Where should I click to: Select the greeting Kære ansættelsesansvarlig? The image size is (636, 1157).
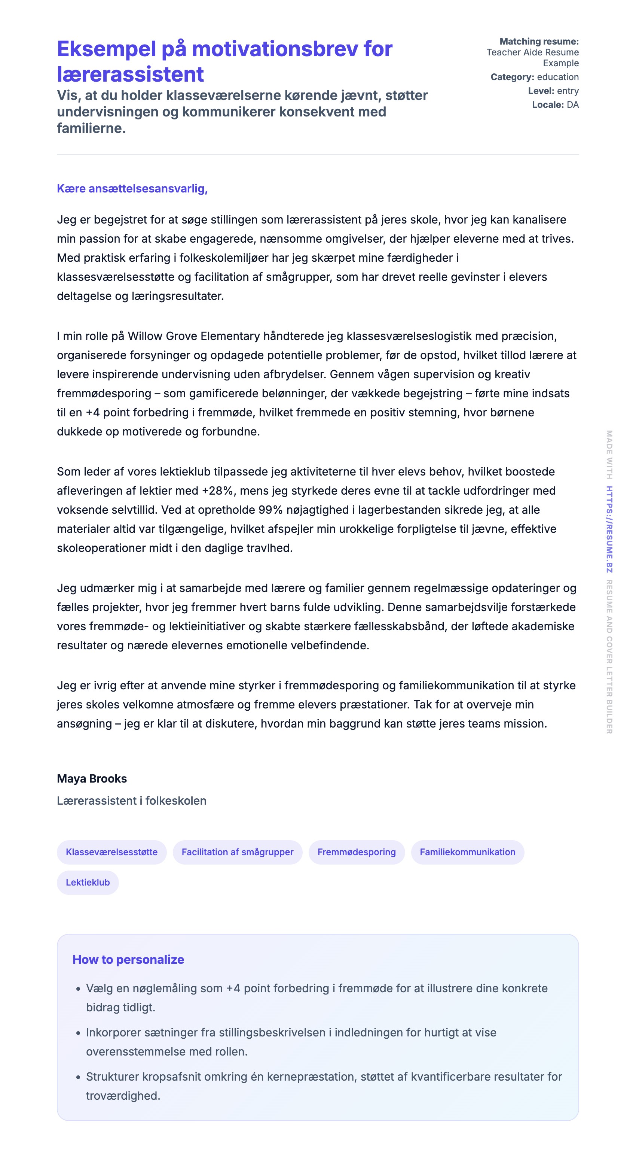132,189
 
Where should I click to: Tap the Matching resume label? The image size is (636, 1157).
539,41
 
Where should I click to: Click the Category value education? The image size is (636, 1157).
557,77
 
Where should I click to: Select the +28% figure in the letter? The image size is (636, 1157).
218,491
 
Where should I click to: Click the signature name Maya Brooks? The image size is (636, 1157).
92,778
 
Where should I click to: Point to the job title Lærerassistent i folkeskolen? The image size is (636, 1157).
132,801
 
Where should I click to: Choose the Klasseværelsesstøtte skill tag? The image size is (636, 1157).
111,852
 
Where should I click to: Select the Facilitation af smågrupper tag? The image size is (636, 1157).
238,852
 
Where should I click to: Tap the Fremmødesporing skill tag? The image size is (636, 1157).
357,852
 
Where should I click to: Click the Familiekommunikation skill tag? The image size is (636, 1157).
467,852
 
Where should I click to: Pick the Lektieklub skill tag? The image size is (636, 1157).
88,882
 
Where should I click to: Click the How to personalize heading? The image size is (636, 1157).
128,959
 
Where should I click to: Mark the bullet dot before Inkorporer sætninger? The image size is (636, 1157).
78,1033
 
